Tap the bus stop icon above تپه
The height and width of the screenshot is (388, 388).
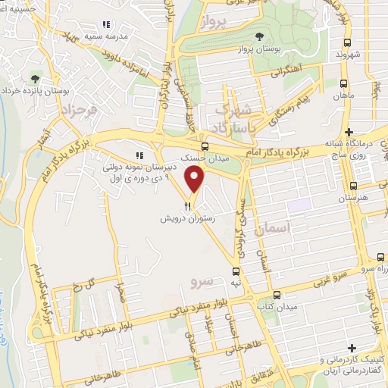click(x=236, y=270)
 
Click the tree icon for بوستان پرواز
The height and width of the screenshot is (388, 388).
click(x=260, y=36)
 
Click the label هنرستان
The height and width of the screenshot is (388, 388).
click(x=352, y=199)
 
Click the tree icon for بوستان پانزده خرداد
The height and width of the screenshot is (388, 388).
click(x=33, y=77)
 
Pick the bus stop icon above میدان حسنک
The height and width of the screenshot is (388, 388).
click(x=204, y=146)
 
